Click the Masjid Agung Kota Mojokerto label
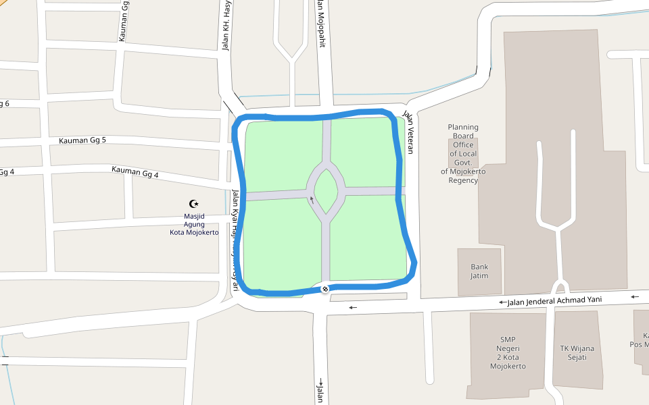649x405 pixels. tap(194, 224)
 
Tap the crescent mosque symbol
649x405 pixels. tap(194, 203)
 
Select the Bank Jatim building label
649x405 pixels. tap(479, 271)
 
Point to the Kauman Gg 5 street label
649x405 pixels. tap(82, 140)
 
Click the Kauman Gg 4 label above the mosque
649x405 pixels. tap(135, 173)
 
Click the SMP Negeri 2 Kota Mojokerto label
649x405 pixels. tap(508, 353)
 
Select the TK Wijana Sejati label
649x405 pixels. tap(577, 353)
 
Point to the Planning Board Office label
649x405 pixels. tap(463, 153)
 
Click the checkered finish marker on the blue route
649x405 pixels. tap(325, 289)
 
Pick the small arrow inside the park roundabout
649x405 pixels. tap(312, 199)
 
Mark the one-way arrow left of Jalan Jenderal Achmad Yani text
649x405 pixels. tap(502, 302)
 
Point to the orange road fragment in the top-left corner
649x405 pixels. tap(3, 5)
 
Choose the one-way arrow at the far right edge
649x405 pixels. tap(635, 296)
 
